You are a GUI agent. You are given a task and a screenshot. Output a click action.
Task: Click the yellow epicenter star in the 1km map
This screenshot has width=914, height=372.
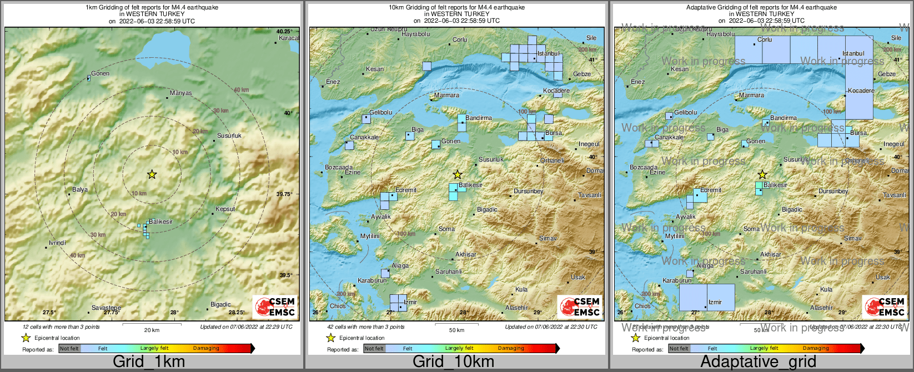[x=152, y=174]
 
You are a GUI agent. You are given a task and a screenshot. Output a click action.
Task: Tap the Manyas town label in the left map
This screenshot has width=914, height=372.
[x=181, y=93]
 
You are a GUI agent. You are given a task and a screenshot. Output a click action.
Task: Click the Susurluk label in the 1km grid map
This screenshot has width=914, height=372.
[x=229, y=135]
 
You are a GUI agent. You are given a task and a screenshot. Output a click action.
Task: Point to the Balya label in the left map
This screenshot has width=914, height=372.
[x=80, y=190]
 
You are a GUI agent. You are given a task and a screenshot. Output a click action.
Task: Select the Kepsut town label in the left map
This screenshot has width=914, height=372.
[x=225, y=209]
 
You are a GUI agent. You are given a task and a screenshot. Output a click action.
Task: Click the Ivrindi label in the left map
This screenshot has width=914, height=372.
[x=57, y=243]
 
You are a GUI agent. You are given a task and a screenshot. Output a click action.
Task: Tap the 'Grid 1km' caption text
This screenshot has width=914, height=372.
[x=148, y=362]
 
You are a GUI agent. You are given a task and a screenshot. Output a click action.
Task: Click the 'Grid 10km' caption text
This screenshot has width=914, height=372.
[x=453, y=362]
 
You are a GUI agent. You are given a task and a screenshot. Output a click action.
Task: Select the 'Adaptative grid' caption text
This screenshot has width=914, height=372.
[x=758, y=362]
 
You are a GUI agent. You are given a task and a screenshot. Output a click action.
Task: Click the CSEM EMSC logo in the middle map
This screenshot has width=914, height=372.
[x=580, y=306]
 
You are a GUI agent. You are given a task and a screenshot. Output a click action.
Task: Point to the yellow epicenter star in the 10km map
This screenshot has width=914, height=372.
[x=457, y=174]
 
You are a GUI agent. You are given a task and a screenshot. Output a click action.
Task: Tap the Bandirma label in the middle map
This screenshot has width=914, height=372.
[x=479, y=118]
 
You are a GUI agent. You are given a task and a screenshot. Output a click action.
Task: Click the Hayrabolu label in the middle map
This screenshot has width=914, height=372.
[x=416, y=34]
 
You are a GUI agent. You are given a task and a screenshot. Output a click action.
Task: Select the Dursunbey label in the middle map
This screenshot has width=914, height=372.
[x=528, y=192]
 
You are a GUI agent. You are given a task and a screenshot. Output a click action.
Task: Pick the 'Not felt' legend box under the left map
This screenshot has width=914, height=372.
[x=69, y=349]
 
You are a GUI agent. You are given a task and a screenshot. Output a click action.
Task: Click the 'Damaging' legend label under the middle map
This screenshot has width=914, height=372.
[x=511, y=349]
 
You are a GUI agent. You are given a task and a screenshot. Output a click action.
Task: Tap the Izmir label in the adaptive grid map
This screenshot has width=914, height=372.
[x=715, y=303]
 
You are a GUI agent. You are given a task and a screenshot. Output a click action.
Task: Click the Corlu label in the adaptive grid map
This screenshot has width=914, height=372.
[x=765, y=40]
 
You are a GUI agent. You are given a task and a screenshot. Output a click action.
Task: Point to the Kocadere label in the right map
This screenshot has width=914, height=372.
[x=861, y=91]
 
